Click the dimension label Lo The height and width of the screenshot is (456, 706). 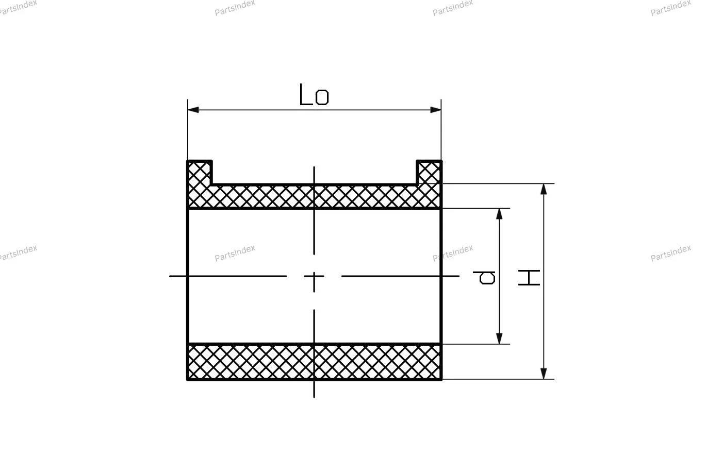314,94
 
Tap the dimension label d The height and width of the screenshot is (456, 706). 484,277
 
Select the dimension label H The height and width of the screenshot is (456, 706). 529,278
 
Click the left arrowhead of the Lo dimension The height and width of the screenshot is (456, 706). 193,110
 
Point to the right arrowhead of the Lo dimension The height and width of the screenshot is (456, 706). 436,110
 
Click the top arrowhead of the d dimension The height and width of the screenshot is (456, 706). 499,214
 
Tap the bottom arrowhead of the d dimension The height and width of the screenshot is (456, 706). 499,338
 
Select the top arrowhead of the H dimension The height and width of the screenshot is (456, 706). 544,189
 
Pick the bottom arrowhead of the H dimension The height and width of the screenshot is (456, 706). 544,374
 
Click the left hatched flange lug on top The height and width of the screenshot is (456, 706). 200,173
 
